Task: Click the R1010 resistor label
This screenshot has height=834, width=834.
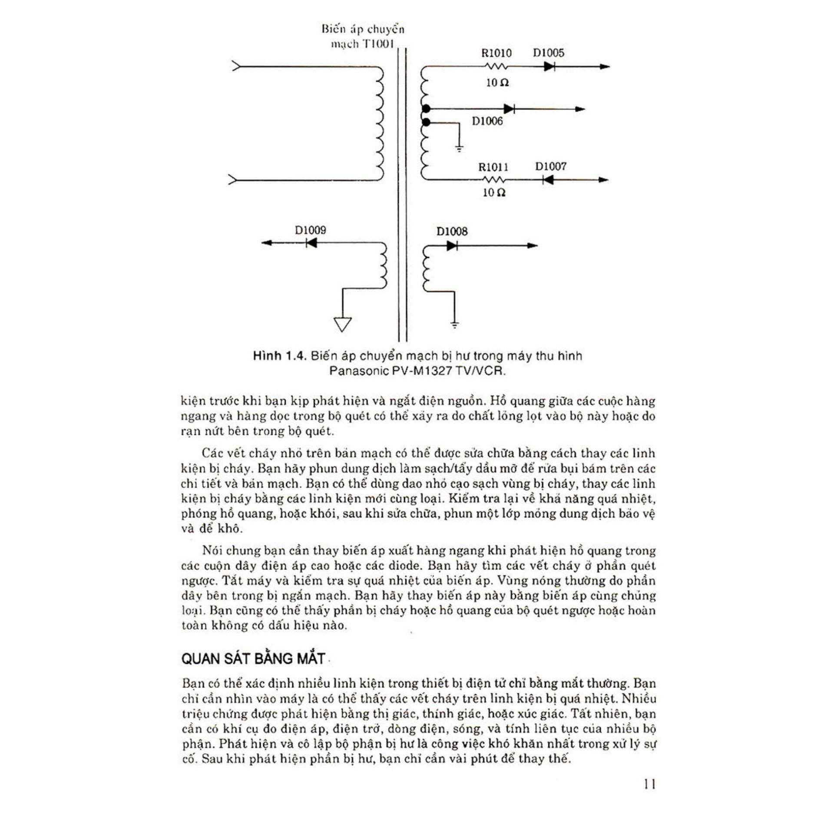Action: [x=496, y=53]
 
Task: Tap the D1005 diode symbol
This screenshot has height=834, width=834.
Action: [x=549, y=66]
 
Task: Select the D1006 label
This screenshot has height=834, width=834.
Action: [x=487, y=121]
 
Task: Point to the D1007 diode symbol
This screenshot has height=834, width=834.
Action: [x=548, y=179]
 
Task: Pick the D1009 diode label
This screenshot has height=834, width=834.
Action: [x=310, y=230]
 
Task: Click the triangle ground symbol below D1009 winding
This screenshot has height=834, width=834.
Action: [x=342, y=324]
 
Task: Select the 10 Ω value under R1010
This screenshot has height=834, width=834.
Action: [x=497, y=83]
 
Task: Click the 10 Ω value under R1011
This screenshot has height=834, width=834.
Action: [x=494, y=192]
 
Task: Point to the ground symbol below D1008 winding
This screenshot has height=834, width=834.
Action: [x=454, y=324]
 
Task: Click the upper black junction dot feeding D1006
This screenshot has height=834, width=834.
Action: [x=426, y=109]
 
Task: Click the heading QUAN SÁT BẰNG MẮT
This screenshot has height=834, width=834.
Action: [x=253, y=659]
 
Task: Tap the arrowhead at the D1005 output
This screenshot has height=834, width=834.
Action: [x=605, y=66]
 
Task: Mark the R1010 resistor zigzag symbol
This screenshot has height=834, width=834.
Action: [x=495, y=66]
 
